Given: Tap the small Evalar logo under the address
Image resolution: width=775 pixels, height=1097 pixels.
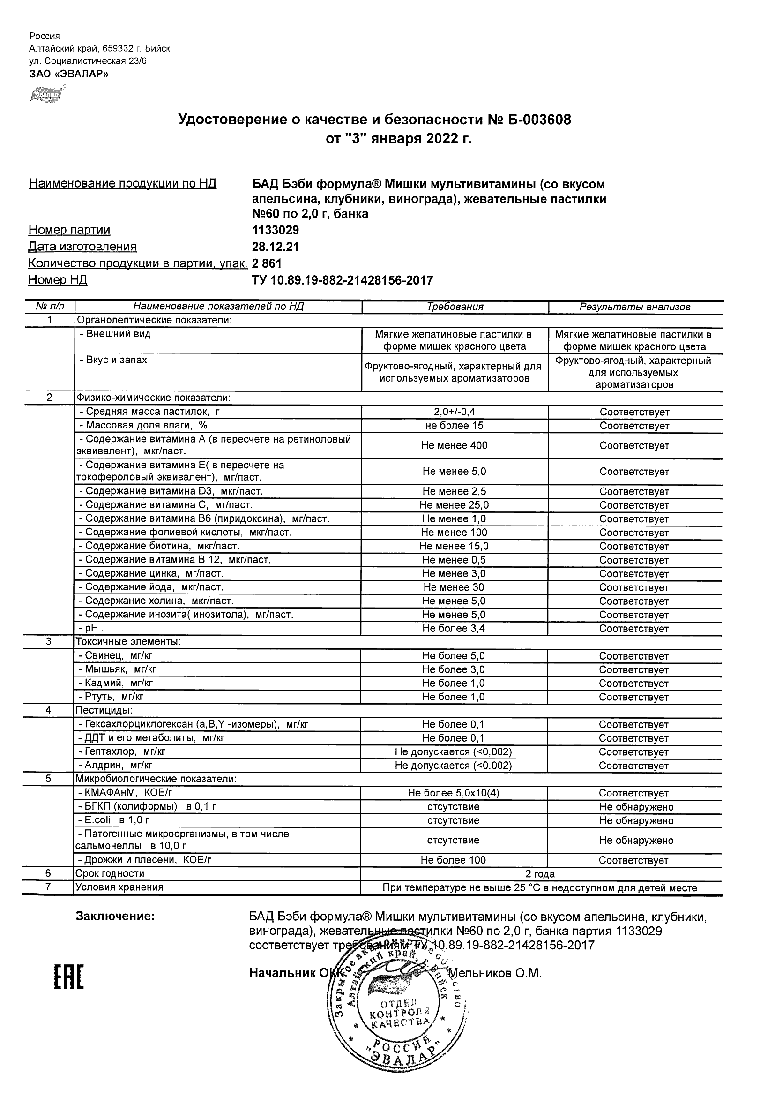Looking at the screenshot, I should [x=47, y=94].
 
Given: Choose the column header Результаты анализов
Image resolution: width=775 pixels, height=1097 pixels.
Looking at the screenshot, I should [x=634, y=307].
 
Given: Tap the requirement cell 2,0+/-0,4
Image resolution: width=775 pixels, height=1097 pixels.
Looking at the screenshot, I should [x=454, y=412].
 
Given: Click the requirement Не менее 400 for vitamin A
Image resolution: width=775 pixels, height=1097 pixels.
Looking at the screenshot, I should [x=454, y=446].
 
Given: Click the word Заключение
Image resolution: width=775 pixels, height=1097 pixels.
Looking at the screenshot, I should [x=115, y=917].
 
